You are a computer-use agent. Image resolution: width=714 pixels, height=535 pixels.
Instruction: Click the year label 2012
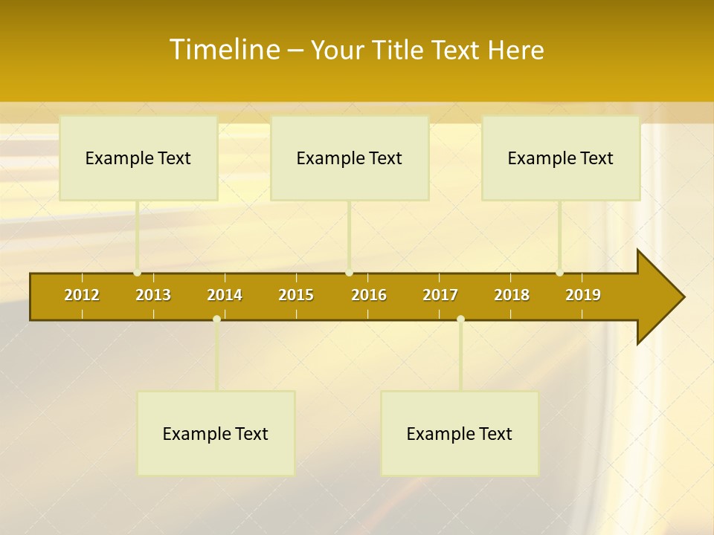(82, 295)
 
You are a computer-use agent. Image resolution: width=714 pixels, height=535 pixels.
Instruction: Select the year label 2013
(153, 295)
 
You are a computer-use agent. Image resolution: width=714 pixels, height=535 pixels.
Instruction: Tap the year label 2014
(225, 295)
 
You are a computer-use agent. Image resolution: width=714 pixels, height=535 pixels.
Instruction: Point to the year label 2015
(296, 295)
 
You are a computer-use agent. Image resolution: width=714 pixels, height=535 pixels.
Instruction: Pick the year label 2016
(369, 295)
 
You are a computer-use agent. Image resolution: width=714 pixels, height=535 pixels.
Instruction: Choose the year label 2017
(440, 295)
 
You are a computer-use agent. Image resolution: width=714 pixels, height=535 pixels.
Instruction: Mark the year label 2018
(512, 295)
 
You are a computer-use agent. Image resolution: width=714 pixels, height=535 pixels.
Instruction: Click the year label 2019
(583, 295)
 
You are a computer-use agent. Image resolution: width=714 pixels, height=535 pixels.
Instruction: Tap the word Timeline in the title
(224, 50)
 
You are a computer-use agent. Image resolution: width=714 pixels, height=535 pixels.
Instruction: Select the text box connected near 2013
(138, 158)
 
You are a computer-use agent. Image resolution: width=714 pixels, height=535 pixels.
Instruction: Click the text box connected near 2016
(350, 158)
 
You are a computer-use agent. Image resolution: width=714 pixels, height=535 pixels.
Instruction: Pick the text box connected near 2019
(561, 158)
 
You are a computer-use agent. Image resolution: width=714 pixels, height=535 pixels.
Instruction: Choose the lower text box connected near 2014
(216, 434)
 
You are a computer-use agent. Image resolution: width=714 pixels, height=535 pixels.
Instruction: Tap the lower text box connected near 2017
(460, 434)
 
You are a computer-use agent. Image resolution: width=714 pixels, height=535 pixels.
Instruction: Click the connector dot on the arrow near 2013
(138, 273)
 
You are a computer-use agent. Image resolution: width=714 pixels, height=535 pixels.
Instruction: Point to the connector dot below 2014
(216, 320)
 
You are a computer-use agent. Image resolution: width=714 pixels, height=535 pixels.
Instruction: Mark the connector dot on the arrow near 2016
(350, 273)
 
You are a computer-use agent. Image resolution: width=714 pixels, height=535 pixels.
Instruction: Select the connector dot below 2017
(460, 320)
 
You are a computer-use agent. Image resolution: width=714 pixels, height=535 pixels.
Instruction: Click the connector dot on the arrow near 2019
(560, 273)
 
